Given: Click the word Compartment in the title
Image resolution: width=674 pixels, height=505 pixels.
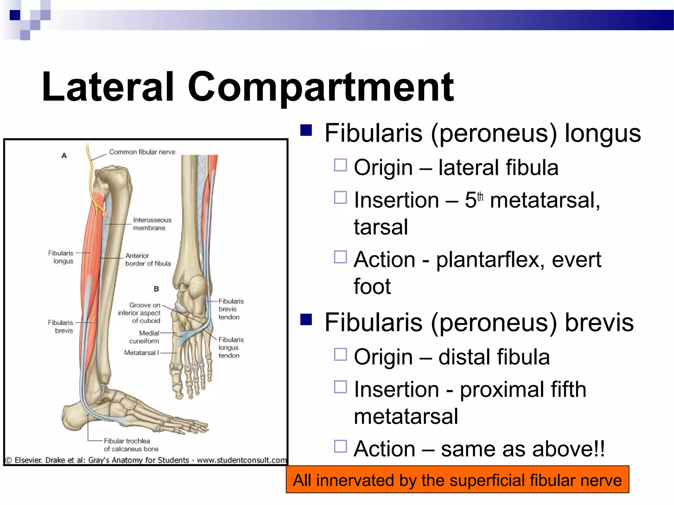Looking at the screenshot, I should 321,87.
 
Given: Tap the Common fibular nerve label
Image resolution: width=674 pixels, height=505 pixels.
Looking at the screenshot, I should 142,152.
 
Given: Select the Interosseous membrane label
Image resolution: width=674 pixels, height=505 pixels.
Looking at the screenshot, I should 152,224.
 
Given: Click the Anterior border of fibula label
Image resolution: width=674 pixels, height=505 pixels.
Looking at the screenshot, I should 148,260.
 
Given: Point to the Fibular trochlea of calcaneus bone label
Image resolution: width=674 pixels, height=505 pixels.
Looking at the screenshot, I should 131,445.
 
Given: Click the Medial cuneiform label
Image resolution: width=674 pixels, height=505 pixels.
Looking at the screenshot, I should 144,337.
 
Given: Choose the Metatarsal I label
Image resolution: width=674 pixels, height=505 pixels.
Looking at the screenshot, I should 142,353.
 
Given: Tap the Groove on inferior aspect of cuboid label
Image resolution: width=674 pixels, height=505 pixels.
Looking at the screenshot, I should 140,313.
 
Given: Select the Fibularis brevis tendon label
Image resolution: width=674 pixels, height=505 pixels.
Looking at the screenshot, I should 230,309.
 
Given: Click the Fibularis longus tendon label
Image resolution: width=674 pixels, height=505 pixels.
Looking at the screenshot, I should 230,348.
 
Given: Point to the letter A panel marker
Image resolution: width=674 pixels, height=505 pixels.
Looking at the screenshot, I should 64,156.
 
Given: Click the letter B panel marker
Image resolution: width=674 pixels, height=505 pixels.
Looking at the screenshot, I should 156,289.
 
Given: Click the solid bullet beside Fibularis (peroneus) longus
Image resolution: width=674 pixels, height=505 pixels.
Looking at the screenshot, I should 306,130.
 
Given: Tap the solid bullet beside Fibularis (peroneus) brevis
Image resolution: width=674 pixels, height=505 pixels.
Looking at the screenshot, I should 306,319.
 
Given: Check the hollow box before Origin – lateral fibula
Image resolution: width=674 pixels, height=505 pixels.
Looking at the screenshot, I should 340,165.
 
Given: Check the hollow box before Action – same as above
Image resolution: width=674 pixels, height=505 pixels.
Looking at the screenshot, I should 340,446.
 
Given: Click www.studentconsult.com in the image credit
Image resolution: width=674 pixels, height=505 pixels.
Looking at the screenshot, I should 242,460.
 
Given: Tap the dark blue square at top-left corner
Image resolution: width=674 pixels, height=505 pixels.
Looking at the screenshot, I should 15,15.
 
